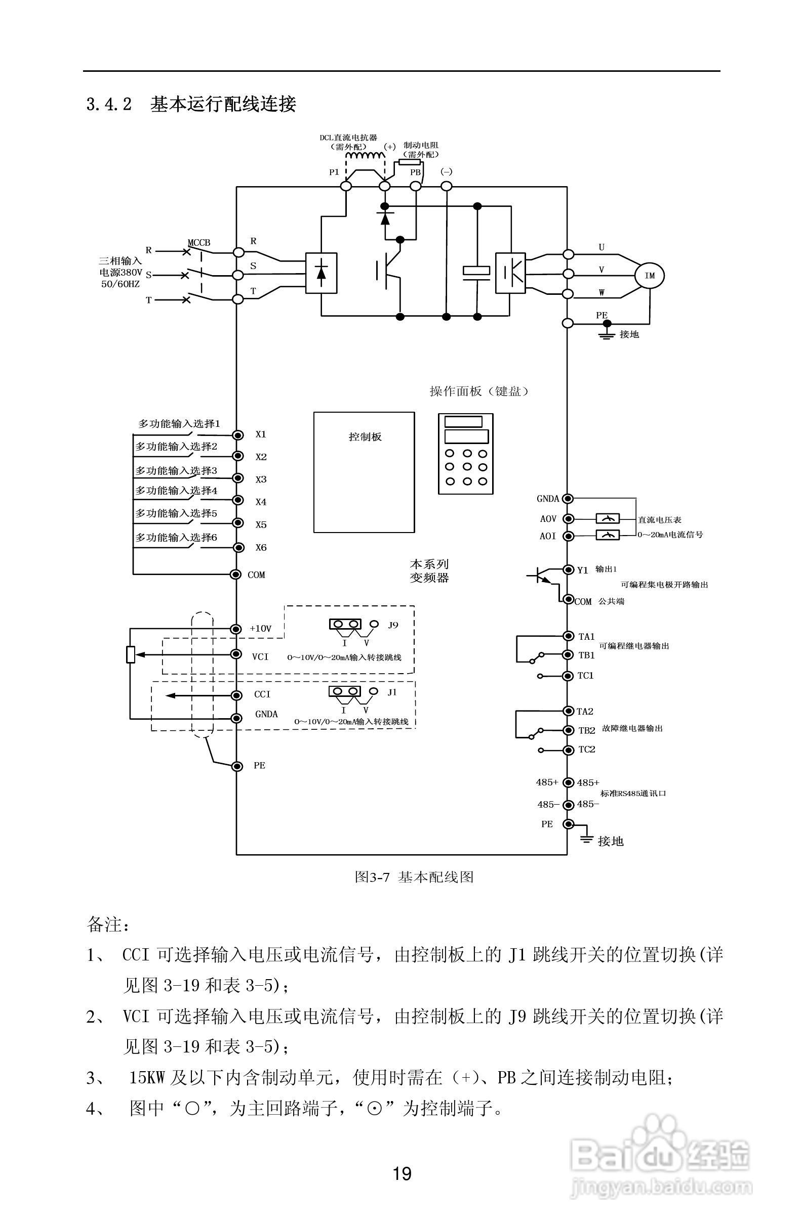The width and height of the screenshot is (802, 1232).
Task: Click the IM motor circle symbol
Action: pos(650,276)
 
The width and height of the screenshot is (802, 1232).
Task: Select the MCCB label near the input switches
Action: pos(199,243)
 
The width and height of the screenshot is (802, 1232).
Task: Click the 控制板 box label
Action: pos(365,437)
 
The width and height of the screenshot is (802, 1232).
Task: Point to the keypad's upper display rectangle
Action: pos(463,421)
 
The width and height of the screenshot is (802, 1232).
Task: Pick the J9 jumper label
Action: pos(393,625)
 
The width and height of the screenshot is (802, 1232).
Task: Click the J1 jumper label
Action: pos(392,692)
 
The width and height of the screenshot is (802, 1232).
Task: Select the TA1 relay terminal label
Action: pos(586,637)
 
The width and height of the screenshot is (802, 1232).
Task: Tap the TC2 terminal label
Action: pos(586,750)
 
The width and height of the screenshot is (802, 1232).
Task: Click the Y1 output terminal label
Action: pos(583,570)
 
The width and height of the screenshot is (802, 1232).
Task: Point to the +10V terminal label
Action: pos(260,629)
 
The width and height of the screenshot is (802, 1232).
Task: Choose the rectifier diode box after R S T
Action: pos(321,273)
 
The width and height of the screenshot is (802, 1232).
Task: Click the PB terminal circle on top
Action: pos(415,186)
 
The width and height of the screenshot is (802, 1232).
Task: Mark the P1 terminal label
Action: pos(334,172)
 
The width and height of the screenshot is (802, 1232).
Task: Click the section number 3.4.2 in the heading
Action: pos(109,105)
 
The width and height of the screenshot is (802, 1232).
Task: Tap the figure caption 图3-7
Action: pos(372,877)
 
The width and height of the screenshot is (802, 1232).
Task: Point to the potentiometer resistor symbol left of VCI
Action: pos(131,655)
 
